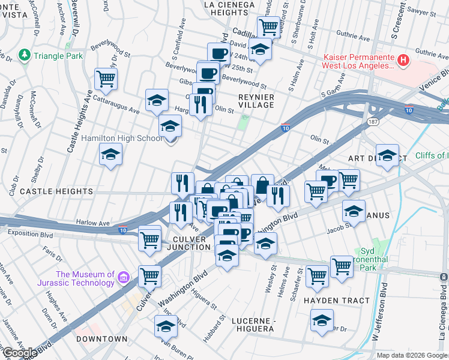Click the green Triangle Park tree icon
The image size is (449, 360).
tap(25, 55)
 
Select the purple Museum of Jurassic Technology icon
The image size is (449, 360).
tap(124, 278)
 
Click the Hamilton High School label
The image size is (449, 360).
tap(122, 139)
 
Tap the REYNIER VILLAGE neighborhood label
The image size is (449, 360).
tap(256, 101)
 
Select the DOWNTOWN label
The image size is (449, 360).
tap(102, 339)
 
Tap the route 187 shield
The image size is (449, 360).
tap(372, 122)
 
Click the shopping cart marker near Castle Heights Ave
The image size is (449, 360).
tap(106, 79)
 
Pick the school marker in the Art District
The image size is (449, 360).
tap(388, 155)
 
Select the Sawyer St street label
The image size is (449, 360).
tap(420, 11)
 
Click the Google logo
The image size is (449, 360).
tap(19, 353)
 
